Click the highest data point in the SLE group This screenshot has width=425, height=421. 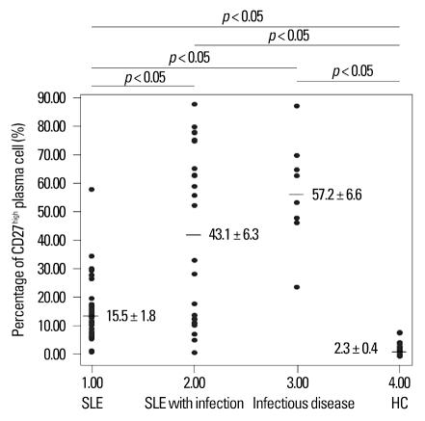[92, 190]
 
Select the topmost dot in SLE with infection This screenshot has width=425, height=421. [195, 104]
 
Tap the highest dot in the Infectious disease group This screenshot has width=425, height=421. [297, 106]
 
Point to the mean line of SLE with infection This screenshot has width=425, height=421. [194, 234]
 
